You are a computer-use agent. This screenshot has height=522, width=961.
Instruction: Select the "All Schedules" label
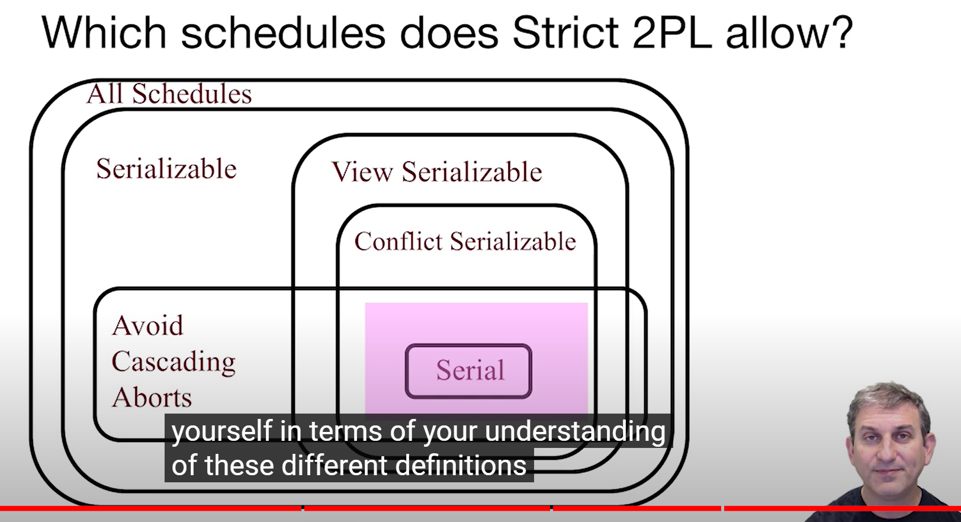coord(169,94)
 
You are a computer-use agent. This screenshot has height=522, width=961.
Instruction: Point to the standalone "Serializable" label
coord(166,169)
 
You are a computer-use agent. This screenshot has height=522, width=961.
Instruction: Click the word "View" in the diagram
coord(362,172)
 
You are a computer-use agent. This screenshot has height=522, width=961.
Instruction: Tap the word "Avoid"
coord(147,325)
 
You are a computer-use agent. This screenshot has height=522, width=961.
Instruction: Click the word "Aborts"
coord(152,398)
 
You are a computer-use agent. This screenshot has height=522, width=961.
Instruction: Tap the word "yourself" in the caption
coord(222,431)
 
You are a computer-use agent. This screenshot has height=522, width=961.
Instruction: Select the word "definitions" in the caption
coord(460,465)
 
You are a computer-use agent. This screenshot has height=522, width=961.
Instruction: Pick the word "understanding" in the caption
coord(576,431)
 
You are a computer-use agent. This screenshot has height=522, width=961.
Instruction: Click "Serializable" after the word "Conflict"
coord(513,241)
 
